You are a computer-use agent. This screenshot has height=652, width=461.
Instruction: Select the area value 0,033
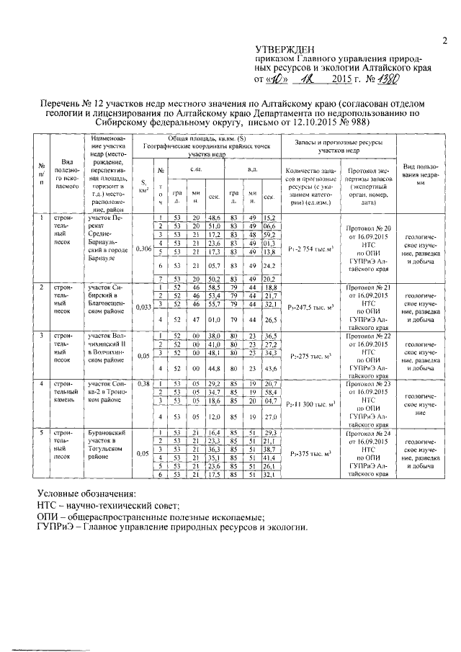(x=144, y=305)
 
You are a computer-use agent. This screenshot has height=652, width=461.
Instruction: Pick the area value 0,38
(x=144, y=384)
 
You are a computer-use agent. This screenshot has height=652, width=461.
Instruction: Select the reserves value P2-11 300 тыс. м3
(x=312, y=405)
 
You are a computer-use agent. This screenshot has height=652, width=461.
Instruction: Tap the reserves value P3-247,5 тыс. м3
(x=312, y=308)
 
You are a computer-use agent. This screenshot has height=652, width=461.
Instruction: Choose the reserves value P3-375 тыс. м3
(x=312, y=455)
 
